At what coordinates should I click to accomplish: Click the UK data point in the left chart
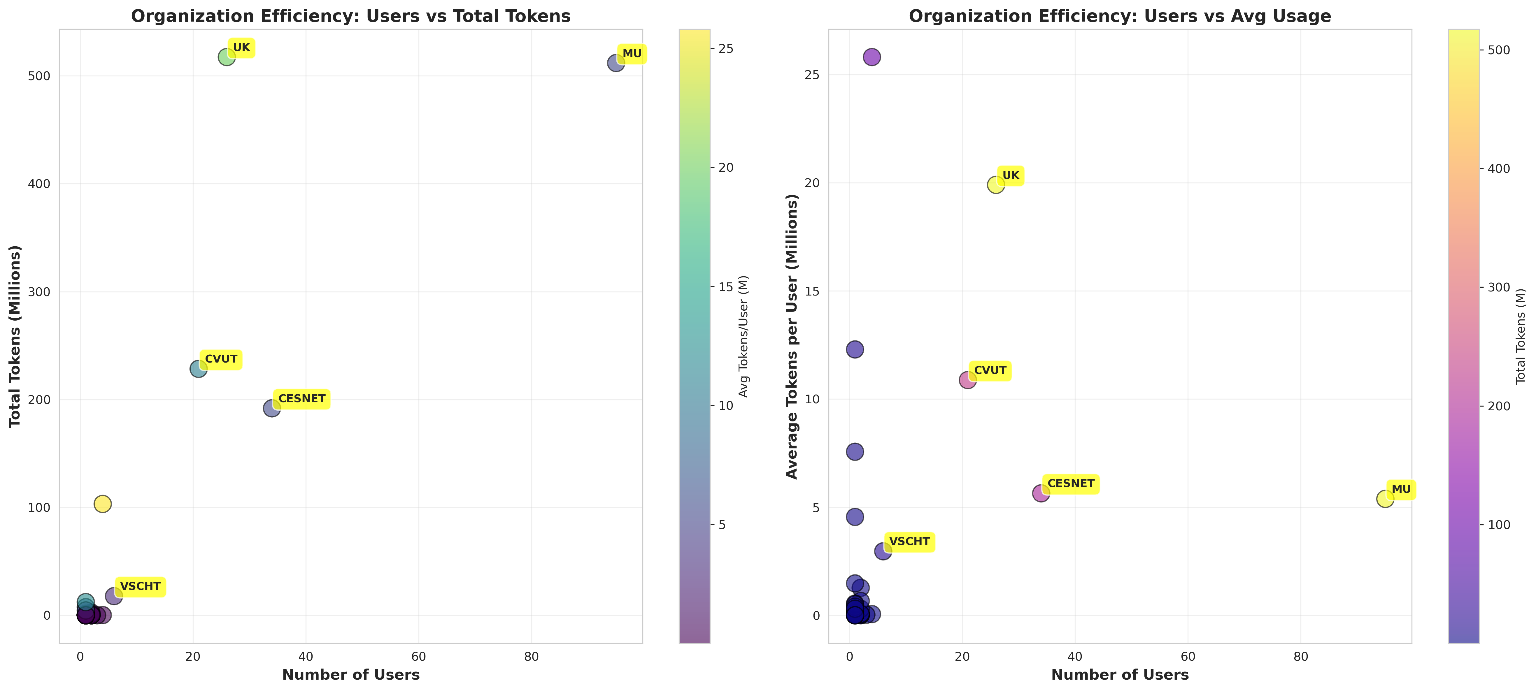pyautogui.click(x=227, y=57)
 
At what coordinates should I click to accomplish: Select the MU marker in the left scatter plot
pyautogui.click(x=616, y=63)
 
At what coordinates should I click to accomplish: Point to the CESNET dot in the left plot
pyautogui.click(x=272, y=408)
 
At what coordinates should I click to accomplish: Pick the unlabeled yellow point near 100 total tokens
pyautogui.click(x=103, y=504)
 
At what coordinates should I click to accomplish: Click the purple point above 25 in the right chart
pyautogui.click(x=872, y=57)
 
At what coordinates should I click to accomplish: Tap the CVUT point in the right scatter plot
pyautogui.click(x=968, y=380)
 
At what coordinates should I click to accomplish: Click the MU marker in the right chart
pyautogui.click(x=1385, y=498)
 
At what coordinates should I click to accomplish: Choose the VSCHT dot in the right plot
pyautogui.click(x=883, y=551)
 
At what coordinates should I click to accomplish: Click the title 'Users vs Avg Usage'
pyautogui.click(x=1120, y=16)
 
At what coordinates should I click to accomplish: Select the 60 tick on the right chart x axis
pyautogui.click(x=1188, y=656)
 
